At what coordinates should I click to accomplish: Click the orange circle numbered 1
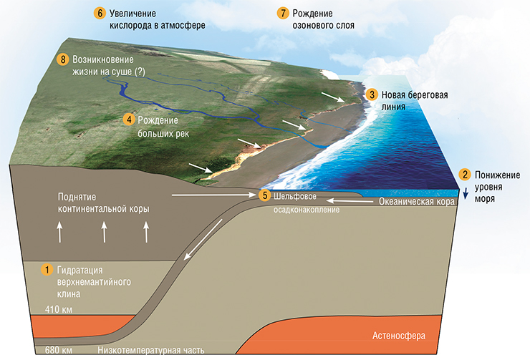pyautogui.click(x=47, y=270)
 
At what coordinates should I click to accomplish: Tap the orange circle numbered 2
pyautogui.click(x=465, y=175)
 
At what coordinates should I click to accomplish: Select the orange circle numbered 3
pyautogui.click(x=372, y=94)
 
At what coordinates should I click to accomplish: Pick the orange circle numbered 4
pyautogui.click(x=129, y=120)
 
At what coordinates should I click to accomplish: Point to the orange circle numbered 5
pyautogui.click(x=265, y=195)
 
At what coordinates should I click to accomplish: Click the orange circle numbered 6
pyautogui.click(x=100, y=13)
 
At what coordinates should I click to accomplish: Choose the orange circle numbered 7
pyautogui.click(x=283, y=13)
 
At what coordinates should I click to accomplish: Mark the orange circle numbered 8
pyautogui.click(x=62, y=59)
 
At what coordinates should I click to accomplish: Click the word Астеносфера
pyautogui.click(x=399, y=336)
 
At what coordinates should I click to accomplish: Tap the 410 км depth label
pyautogui.click(x=59, y=309)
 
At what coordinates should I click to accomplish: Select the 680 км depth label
pyautogui.click(x=59, y=350)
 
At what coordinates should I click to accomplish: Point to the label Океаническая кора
pyautogui.click(x=416, y=202)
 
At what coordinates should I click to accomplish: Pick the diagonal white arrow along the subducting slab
pyautogui.click(x=203, y=240)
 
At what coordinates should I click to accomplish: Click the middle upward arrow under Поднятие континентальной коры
pyautogui.click(x=104, y=232)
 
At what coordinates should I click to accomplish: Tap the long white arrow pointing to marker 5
pyautogui.click(x=214, y=195)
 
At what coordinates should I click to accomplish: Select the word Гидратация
pyautogui.click(x=79, y=271)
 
